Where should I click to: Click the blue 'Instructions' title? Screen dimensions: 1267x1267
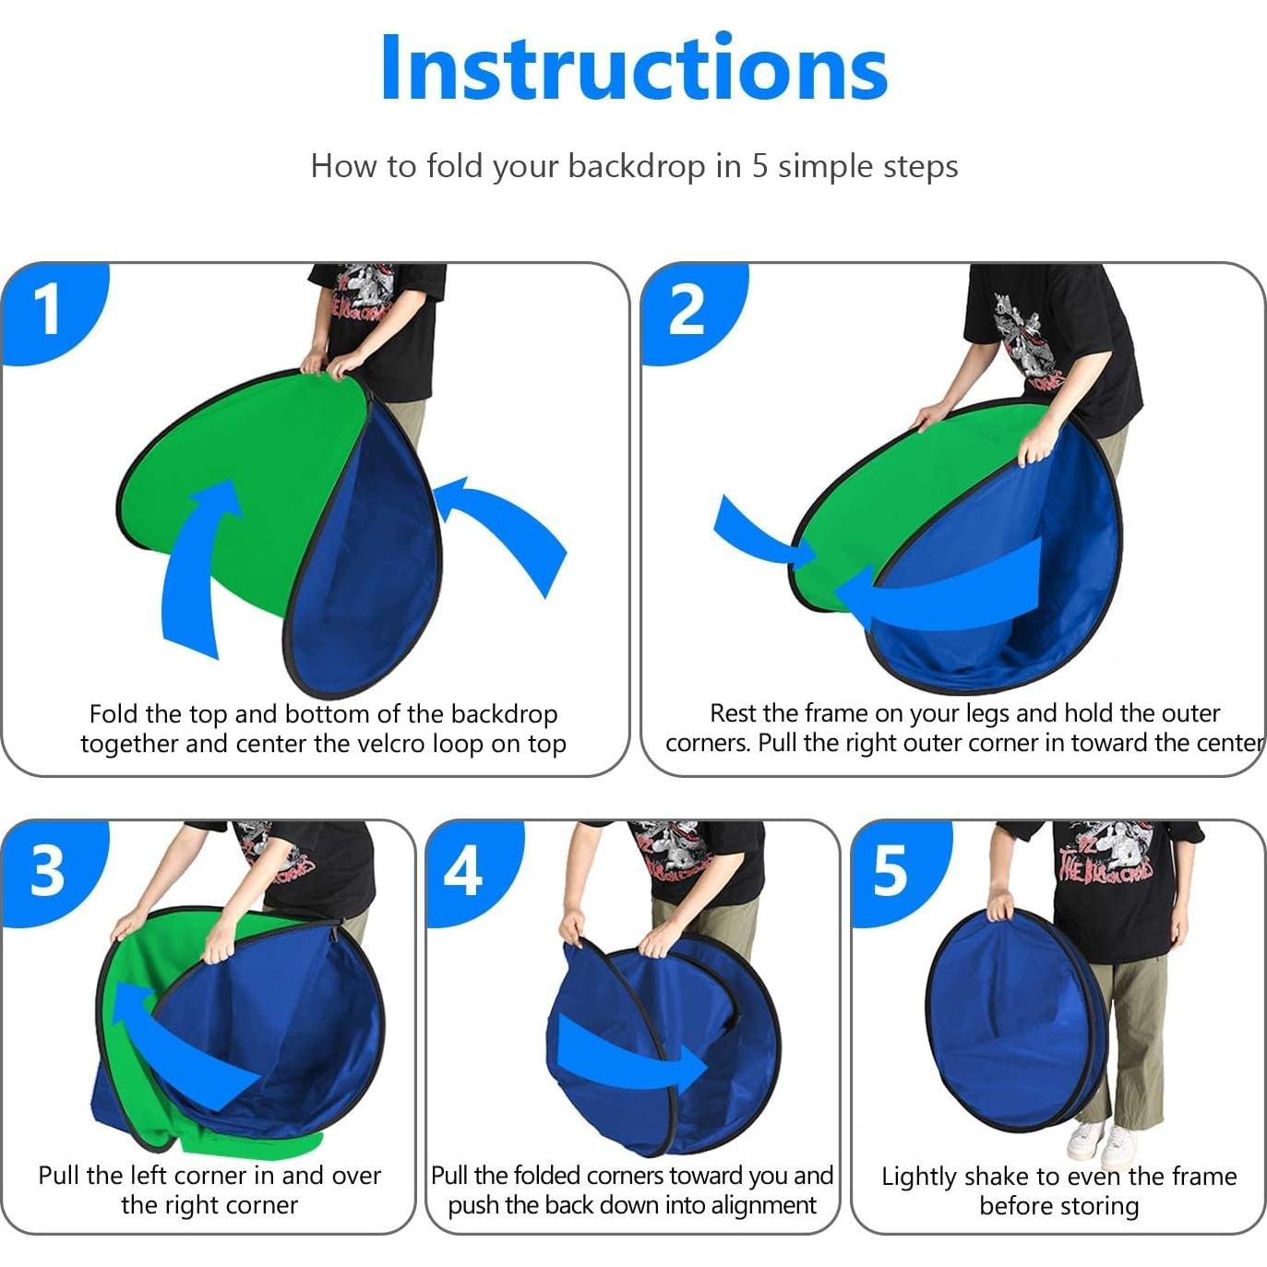point(634,67)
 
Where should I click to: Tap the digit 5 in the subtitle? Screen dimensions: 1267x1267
point(759,166)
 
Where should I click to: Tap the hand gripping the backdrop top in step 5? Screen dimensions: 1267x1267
point(1000,905)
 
